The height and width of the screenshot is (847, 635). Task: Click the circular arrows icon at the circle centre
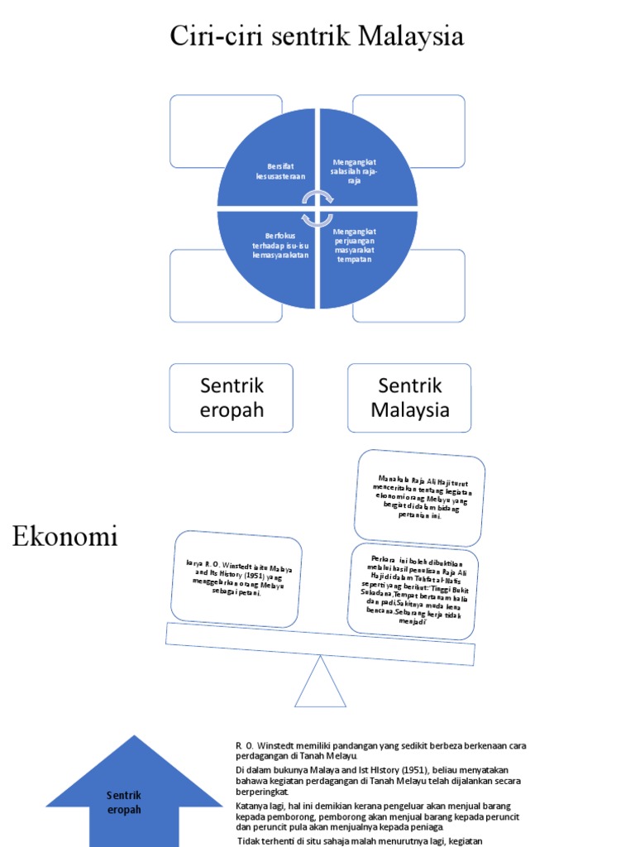click(x=317, y=208)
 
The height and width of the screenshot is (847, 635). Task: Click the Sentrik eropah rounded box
click(x=231, y=398)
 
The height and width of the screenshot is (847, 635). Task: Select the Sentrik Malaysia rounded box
click(x=409, y=398)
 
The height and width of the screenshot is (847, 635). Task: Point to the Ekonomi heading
click(x=65, y=537)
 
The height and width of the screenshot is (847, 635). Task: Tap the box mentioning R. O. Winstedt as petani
click(x=237, y=578)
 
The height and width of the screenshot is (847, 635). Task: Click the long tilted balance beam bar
click(x=320, y=644)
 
